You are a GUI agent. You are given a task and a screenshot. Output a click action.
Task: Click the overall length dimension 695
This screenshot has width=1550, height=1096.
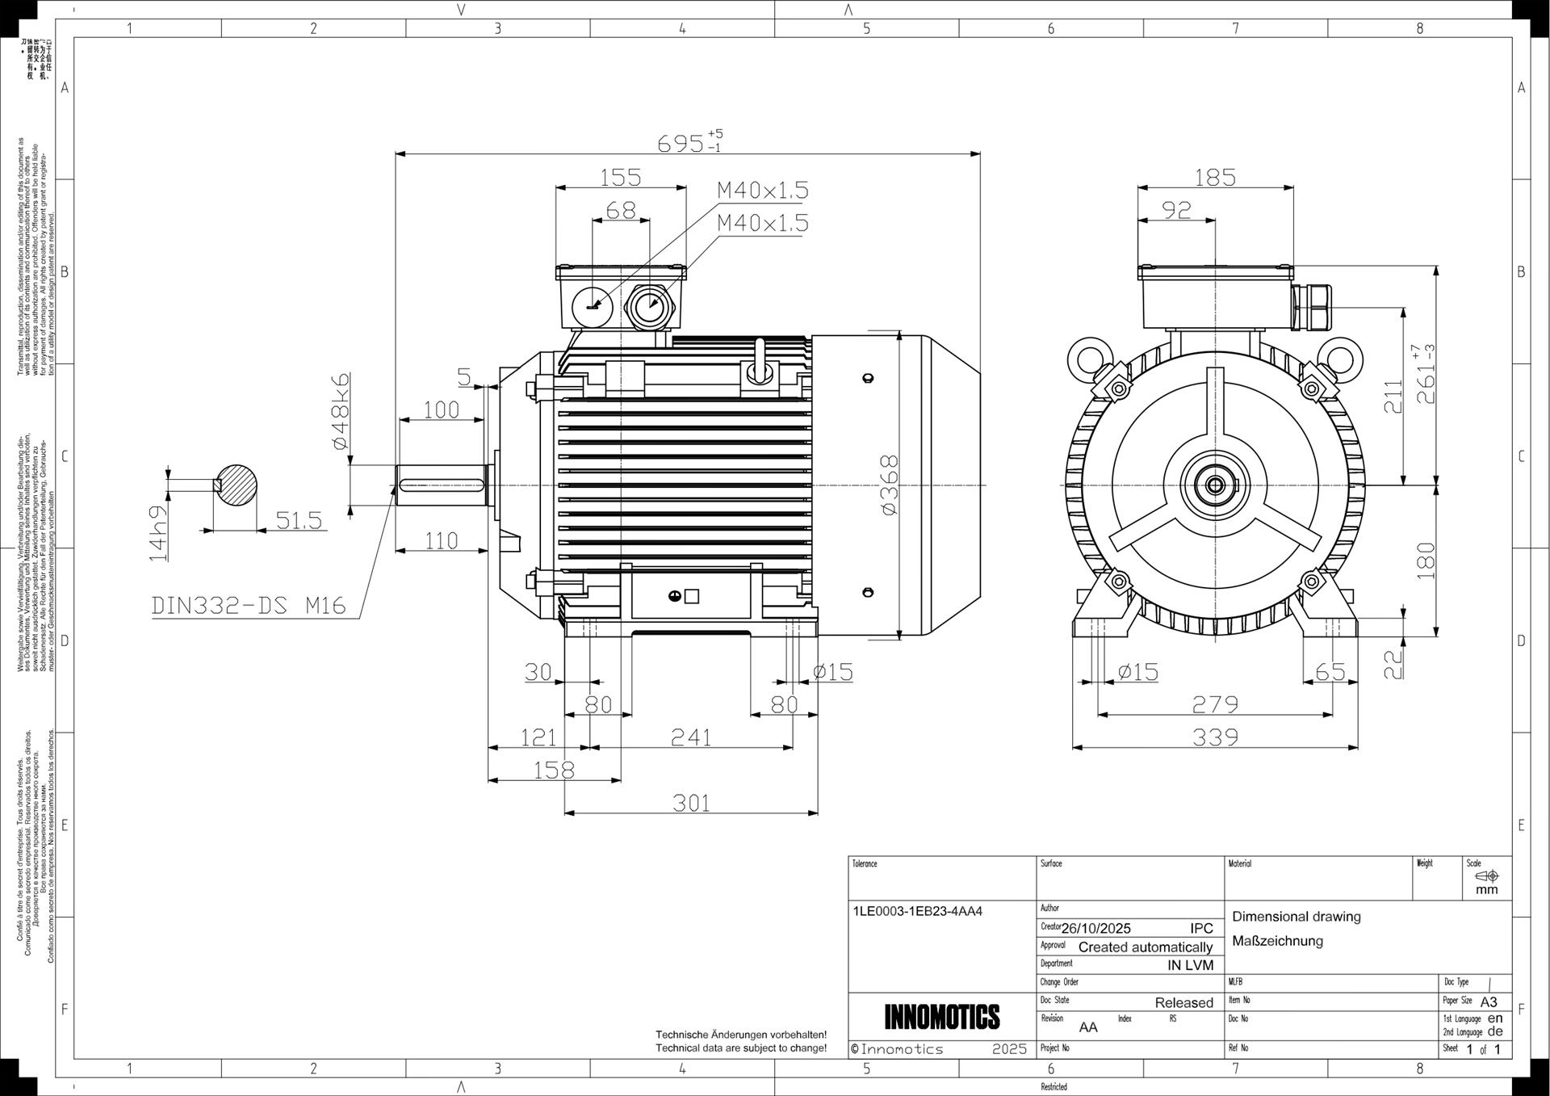[x=681, y=144]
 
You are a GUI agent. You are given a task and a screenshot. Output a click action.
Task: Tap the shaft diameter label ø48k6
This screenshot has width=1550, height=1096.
[x=341, y=410]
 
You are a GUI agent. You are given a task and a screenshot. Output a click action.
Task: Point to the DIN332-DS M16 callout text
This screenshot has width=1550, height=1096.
[x=249, y=605]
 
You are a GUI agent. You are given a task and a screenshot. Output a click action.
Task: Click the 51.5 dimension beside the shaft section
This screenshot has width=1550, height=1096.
[x=299, y=520]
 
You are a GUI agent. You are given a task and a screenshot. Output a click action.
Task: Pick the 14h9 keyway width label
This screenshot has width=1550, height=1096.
[x=159, y=533]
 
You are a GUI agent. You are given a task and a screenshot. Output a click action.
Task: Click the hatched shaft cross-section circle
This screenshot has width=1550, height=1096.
[x=236, y=485]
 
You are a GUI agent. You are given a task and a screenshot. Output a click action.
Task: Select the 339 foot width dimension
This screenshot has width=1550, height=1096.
[x=1215, y=737]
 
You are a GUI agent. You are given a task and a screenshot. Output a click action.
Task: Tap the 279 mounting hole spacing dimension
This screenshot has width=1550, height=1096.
[x=1215, y=704]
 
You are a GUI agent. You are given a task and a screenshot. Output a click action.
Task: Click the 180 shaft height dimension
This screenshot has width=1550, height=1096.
[x=1426, y=560]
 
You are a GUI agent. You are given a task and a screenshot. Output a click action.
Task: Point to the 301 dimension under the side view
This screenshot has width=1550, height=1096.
[x=691, y=803]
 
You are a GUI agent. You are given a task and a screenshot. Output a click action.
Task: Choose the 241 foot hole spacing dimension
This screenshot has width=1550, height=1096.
[x=691, y=737]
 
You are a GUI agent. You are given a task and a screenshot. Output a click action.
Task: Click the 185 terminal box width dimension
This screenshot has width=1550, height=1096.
[x=1215, y=177]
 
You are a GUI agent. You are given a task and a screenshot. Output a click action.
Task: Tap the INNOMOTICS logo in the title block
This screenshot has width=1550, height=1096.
[x=941, y=1017]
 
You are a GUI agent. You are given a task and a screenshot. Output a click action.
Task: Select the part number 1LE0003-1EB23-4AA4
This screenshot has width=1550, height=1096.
[x=917, y=911]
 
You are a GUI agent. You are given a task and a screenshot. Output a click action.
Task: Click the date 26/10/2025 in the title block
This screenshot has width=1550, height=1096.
[x=1095, y=928]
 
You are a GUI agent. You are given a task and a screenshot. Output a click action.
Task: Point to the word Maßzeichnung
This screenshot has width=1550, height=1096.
[x=1277, y=941]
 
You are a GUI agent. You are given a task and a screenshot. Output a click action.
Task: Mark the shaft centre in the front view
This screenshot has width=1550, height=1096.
[x=1215, y=485]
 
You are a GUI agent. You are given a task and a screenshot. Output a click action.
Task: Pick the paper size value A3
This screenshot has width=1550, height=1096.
[x=1489, y=1002]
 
